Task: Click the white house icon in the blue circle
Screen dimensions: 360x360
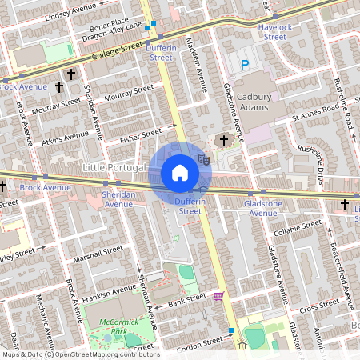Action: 180,173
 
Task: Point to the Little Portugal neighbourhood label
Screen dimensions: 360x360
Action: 114,168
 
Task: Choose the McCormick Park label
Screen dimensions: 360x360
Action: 109,326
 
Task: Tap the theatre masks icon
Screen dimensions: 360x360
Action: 204,160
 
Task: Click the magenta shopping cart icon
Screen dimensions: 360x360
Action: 218,296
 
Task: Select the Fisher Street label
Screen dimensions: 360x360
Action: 141,132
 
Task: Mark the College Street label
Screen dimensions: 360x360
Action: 116,52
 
